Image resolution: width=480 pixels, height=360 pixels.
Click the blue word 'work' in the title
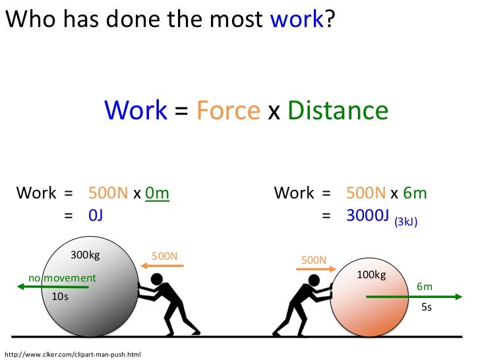pos(297,21)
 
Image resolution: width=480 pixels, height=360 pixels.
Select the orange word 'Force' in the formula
pos(228,110)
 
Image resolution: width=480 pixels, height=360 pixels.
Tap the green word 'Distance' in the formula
pos(338,110)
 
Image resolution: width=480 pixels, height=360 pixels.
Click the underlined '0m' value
pos(157,193)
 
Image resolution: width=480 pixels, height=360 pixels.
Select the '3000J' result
pos(368,215)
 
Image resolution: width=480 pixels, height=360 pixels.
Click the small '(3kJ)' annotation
pos(405,223)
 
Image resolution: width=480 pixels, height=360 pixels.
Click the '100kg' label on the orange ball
pos(371,274)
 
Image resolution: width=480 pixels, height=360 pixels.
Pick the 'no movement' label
pos(61,278)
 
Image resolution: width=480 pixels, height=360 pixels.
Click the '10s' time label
pos(60,297)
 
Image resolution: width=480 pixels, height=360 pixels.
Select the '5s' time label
pos(426,307)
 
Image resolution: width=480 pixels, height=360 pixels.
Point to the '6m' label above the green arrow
pos(424,286)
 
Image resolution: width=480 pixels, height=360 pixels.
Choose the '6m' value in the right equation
pos(415,193)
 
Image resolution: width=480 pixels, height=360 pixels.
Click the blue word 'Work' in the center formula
pos(136,110)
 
